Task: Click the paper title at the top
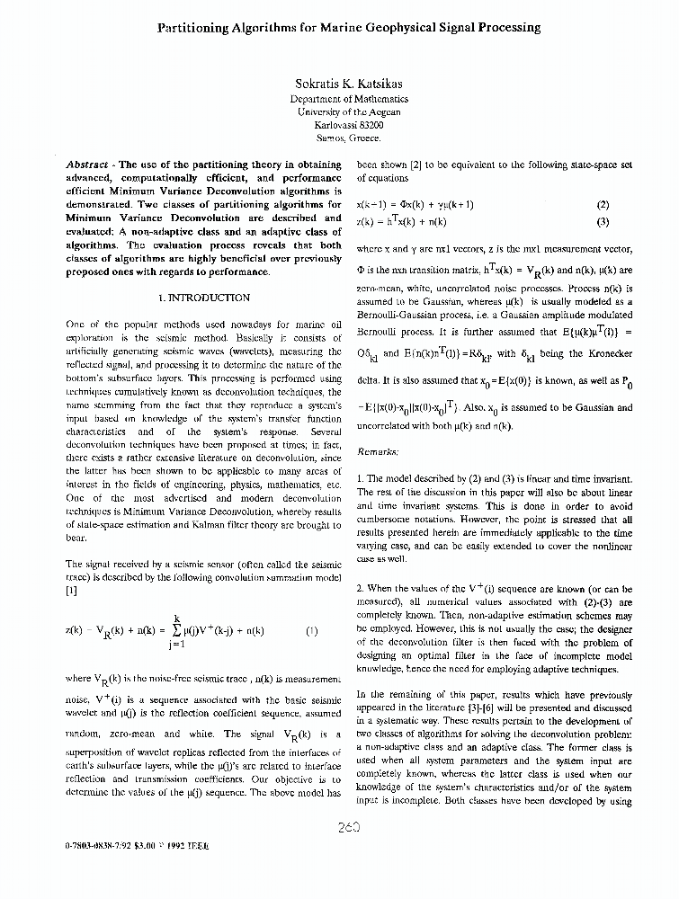349,28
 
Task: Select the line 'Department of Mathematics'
349,100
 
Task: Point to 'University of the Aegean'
349,112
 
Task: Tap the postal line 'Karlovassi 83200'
349,125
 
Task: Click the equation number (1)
311,631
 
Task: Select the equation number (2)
603,205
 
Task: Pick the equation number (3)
603,221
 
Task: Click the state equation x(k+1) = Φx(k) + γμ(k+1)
415,205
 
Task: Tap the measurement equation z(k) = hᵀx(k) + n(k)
401,221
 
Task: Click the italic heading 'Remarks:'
377,451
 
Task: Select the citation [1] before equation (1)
72,592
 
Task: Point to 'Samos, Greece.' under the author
349,138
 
